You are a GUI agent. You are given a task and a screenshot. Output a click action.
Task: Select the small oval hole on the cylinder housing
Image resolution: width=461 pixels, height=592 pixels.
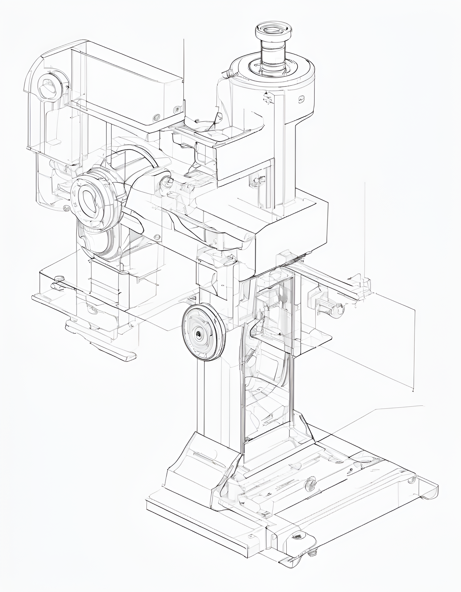pyautogui.click(x=301, y=99)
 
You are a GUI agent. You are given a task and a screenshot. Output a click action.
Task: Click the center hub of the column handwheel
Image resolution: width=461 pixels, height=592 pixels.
pyautogui.click(x=199, y=335)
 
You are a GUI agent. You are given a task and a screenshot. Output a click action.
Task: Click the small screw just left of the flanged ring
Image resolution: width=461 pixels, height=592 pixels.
pyautogui.click(x=66, y=208)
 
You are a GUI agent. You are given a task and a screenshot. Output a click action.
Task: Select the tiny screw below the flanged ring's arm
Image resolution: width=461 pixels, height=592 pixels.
pyautogui.click(x=157, y=237)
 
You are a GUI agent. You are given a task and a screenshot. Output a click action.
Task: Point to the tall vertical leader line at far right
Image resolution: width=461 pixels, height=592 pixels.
pyautogui.click(x=365, y=230)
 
